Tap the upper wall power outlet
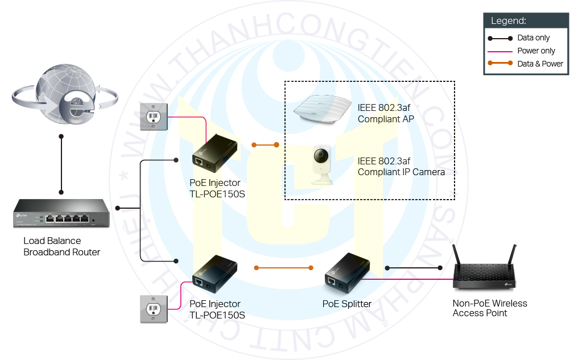(154, 117)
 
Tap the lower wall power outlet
(154, 309)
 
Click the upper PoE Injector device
(214, 154)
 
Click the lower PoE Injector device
(214, 275)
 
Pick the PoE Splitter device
(347, 275)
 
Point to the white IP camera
(322, 164)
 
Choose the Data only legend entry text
(533, 38)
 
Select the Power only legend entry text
(536, 51)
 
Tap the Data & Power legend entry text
(540, 64)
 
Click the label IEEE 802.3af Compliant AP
(386, 113)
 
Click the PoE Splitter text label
(346, 304)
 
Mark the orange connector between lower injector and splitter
(284, 267)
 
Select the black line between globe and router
(61, 164)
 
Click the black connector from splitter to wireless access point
(414, 267)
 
